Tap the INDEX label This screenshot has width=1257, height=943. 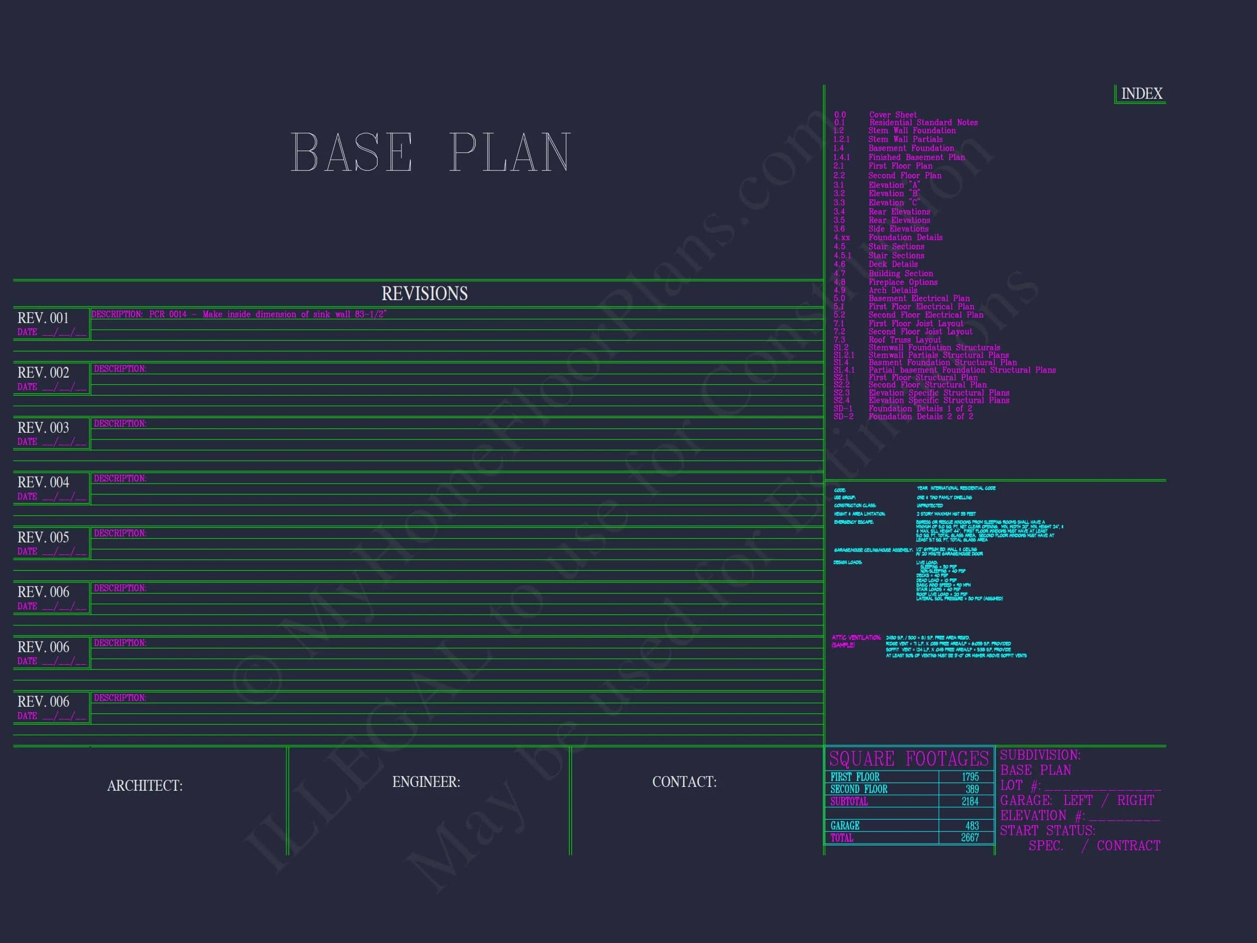[1142, 93]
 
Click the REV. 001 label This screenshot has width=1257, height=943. [43, 318]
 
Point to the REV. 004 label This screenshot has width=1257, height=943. [43, 482]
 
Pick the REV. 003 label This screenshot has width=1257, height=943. [43, 427]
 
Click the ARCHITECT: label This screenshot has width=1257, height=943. [145, 785]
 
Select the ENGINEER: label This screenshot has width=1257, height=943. [426, 782]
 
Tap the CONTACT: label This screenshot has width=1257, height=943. [684, 782]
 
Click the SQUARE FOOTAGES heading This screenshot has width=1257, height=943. [909, 759]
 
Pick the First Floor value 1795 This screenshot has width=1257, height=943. [970, 777]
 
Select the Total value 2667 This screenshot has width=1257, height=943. [969, 838]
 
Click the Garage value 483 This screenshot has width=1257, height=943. [972, 826]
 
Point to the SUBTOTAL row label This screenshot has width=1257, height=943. [849, 802]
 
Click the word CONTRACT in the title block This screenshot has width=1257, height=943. [1128, 846]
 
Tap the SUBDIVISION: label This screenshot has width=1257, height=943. [1040, 755]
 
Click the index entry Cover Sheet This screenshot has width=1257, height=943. [893, 115]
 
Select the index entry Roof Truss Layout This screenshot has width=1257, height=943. [905, 340]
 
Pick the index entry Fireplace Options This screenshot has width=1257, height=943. [903, 282]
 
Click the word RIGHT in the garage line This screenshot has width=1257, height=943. [1135, 801]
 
